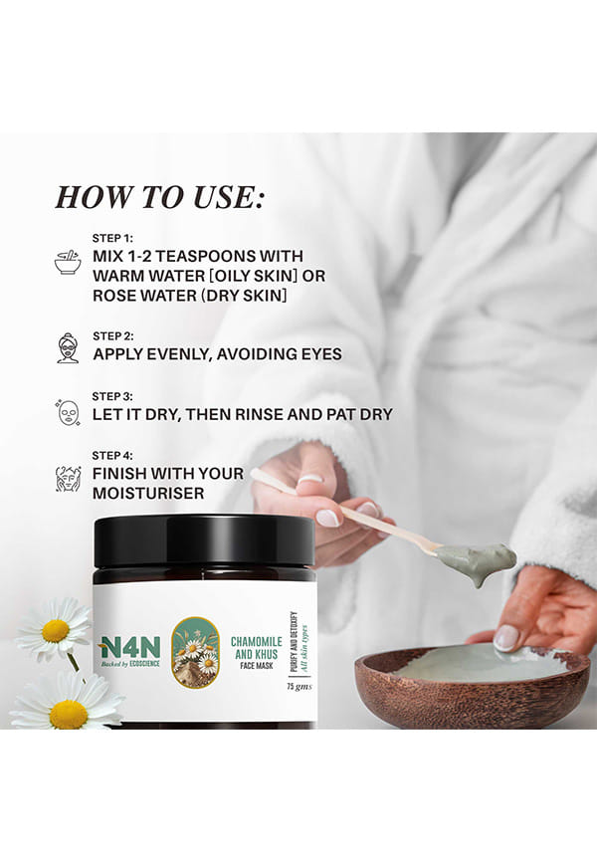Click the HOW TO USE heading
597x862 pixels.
click(x=159, y=197)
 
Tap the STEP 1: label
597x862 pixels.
click(x=112, y=238)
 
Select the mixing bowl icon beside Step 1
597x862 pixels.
click(x=68, y=262)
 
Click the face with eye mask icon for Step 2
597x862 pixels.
click(x=68, y=347)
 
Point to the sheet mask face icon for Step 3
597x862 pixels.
click(x=69, y=412)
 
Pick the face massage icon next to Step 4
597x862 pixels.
click(x=69, y=478)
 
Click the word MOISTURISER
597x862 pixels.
click(x=148, y=493)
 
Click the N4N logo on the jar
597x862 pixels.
click(x=129, y=649)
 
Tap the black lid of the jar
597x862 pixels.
click(x=205, y=542)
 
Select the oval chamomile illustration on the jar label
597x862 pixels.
click(x=195, y=652)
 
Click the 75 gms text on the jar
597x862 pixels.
click(x=299, y=686)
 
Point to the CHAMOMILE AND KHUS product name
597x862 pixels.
click(x=256, y=648)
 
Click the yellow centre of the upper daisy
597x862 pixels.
click(x=56, y=630)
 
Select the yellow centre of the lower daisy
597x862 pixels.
click(x=68, y=714)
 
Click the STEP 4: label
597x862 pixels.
click(x=112, y=456)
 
